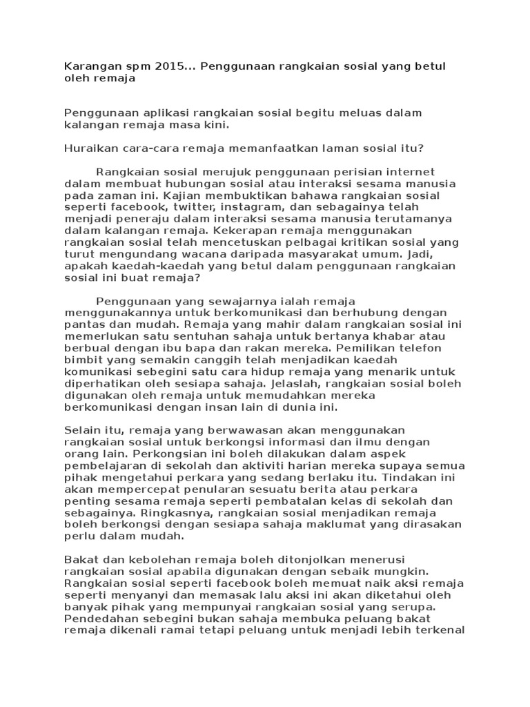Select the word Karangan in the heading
point(90,66)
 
